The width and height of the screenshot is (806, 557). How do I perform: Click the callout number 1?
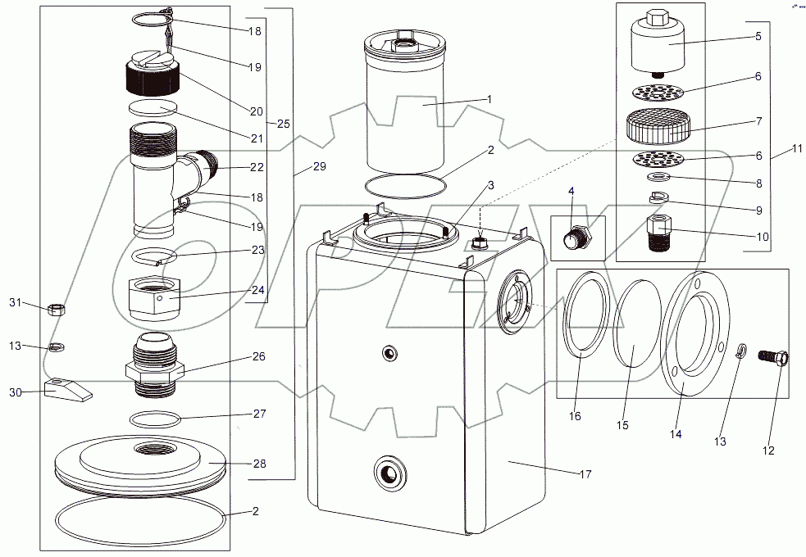tap(489, 99)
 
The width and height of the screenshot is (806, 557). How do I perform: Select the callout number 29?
tap(318, 166)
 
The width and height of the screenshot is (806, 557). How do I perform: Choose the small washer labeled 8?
tap(658, 176)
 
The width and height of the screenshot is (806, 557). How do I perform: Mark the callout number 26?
tap(258, 357)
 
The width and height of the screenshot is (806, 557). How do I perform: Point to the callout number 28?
tap(259, 464)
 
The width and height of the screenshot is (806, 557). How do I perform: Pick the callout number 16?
tap(575, 416)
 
